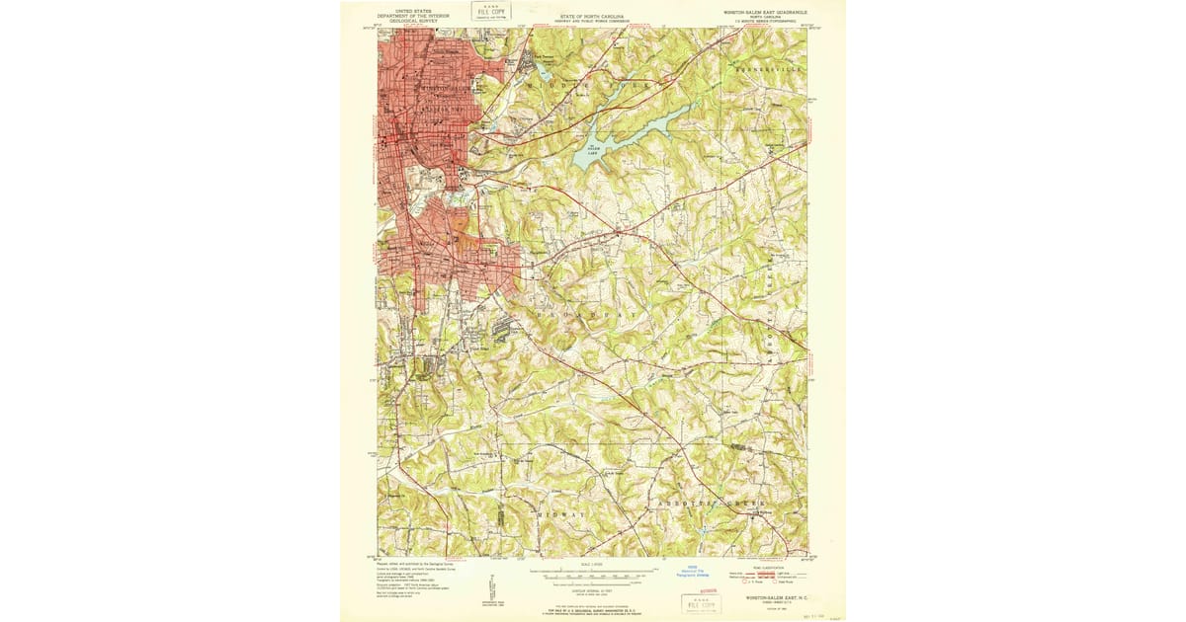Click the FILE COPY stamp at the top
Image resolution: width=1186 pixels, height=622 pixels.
click(x=490, y=11)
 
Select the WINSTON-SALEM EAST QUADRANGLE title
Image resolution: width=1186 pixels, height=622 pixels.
click(x=765, y=13)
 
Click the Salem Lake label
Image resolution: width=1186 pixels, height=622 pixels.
click(x=593, y=152)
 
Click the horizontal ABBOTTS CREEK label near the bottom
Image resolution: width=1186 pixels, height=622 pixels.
click(x=710, y=504)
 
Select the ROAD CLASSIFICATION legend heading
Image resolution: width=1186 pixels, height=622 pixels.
click(x=766, y=566)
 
